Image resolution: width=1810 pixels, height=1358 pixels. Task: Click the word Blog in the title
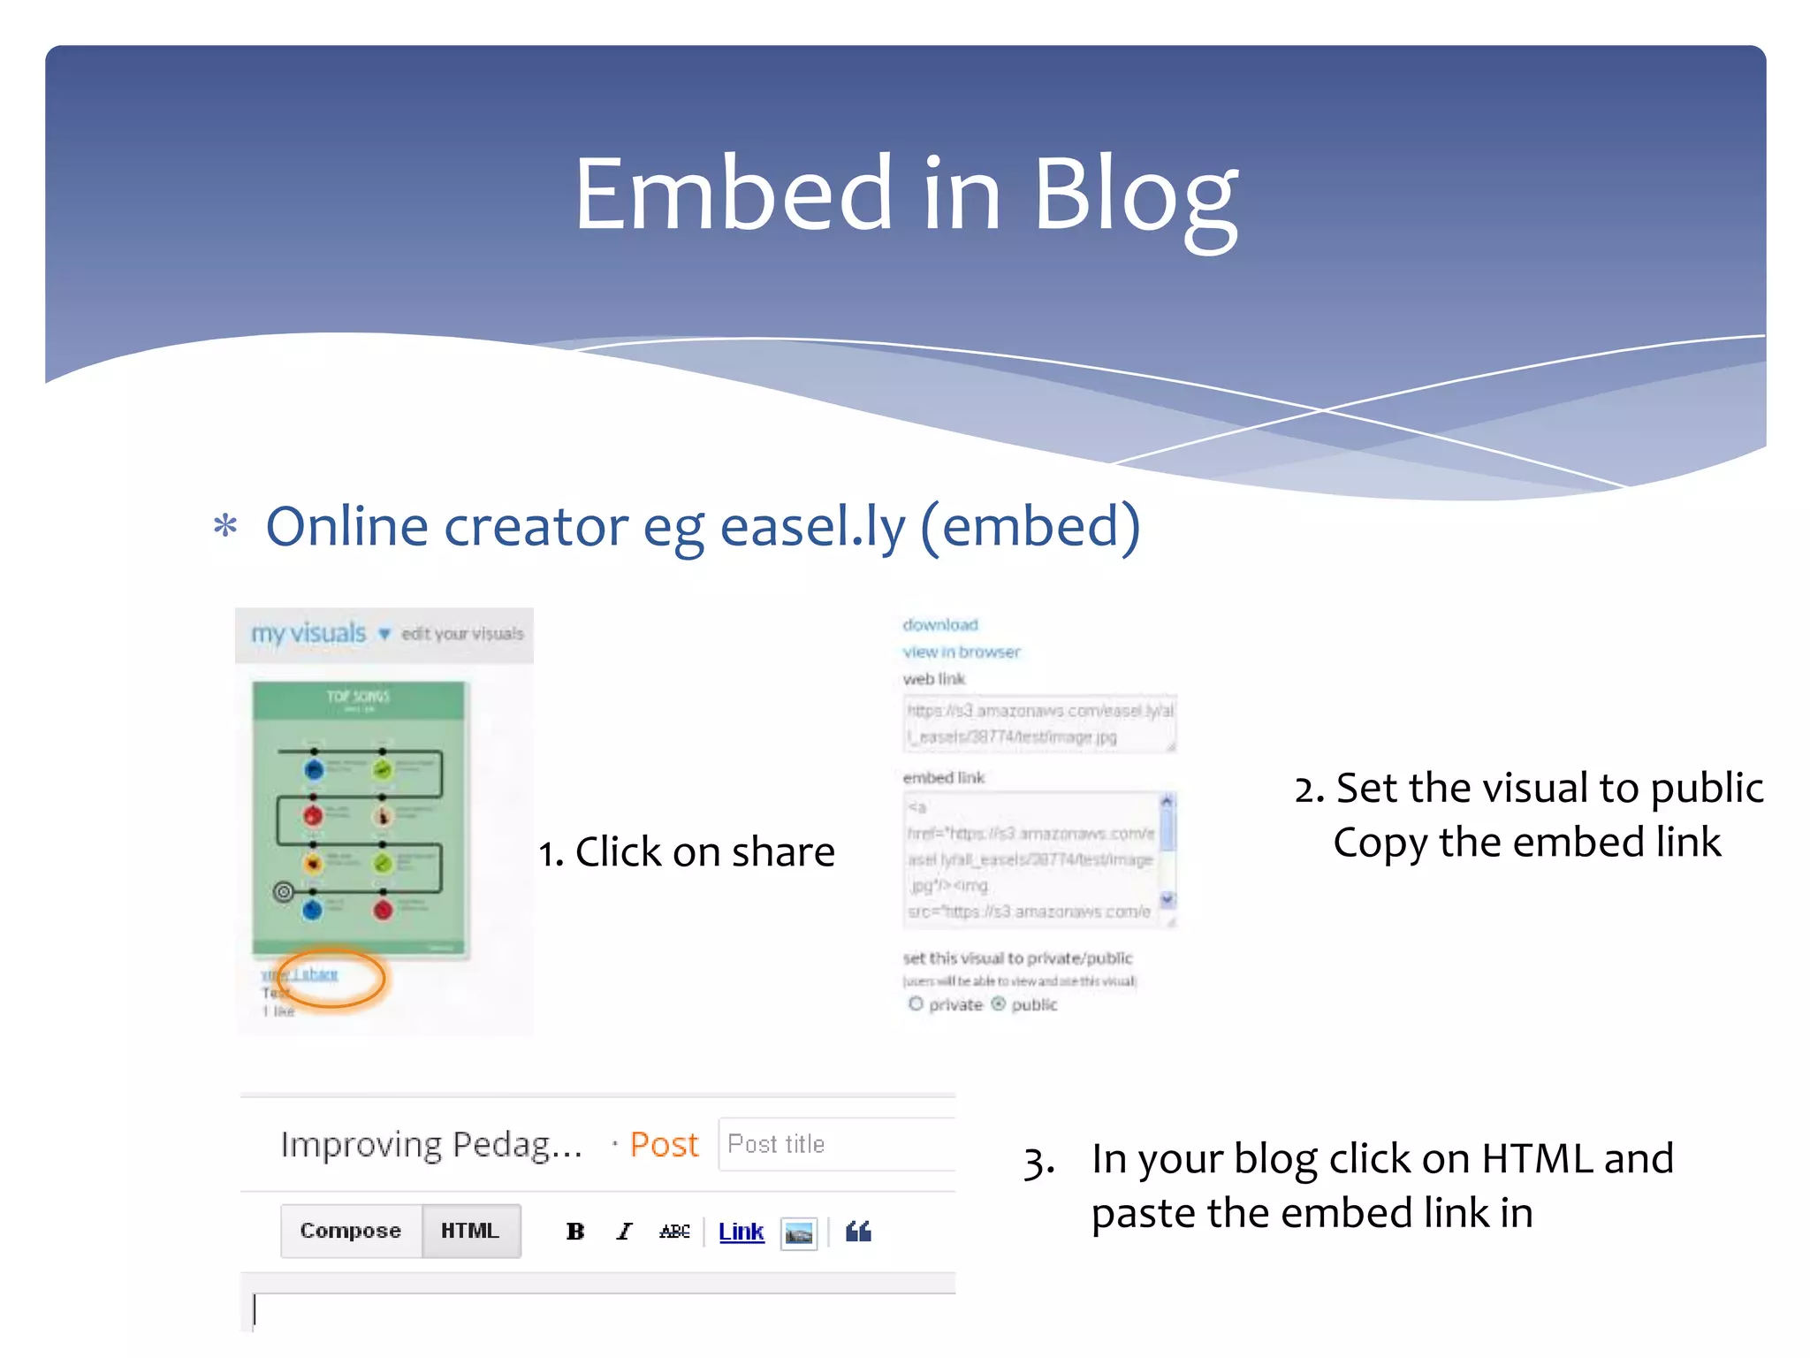pos(1135,196)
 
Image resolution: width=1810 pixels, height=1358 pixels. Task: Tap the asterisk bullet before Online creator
pos(225,526)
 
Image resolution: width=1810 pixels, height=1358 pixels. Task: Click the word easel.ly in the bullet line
pos(812,527)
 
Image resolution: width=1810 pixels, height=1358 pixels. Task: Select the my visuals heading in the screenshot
pos(308,633)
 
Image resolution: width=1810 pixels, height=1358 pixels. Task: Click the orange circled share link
pos(316,974)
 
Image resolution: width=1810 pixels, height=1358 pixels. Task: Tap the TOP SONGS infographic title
pos(358,697)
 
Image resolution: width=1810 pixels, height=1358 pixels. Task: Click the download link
pos(940,625)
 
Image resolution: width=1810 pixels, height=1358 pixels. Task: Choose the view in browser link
pos(961,652)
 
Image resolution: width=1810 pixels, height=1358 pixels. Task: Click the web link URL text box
pos(1038,723)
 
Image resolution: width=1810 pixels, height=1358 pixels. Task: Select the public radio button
pos(999,1004)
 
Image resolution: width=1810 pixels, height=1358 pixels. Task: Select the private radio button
pos(916,1004)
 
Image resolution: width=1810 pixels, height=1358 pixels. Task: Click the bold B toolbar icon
pos(575,1232)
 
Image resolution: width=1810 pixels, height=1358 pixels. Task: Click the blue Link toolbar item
pos(741,1232)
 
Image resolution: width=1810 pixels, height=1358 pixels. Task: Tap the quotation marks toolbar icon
pos(858,1232)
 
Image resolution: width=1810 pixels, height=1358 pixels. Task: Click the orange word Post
pos(664,1145)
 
